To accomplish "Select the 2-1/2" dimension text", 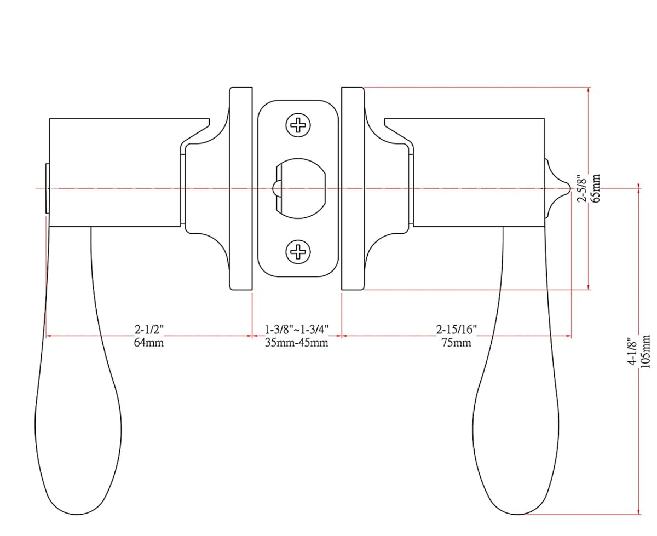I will pos(149,330).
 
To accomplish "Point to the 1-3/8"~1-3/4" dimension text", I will pos(296,330).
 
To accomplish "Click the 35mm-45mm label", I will pos(296,343).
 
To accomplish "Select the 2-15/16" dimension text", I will pos(457,330).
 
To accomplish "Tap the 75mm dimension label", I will pos(457,343).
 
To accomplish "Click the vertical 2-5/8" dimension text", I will pos(582,188).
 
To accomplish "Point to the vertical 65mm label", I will pos(596,188).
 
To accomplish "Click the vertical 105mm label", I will pos(647,353).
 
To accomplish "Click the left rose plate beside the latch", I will pos(240,188).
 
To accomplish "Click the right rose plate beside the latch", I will pos(352,188).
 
